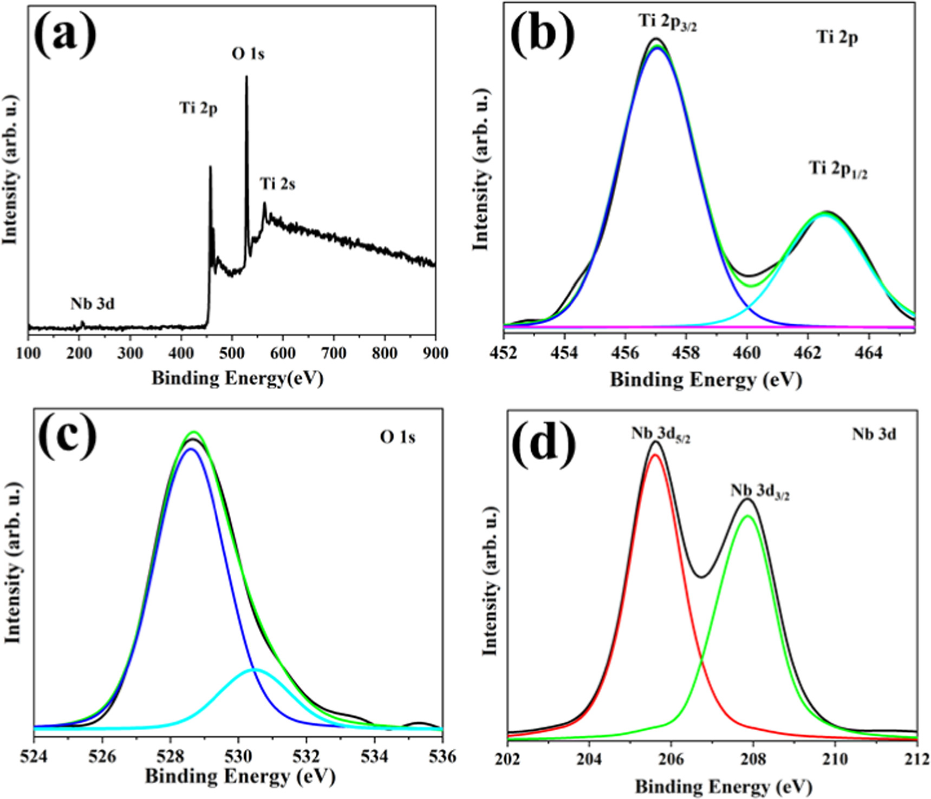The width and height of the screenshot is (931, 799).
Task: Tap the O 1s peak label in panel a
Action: coord(248,54)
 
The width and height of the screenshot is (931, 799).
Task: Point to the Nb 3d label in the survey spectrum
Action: coord(92,304)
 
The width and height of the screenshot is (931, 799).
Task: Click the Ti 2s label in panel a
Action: coord(277,184)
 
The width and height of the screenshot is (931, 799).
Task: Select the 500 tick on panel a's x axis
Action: coord(232,353)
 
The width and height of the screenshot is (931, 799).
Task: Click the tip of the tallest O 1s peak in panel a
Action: coord(246,76)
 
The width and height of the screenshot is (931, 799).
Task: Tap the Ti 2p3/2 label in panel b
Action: coord(667,23)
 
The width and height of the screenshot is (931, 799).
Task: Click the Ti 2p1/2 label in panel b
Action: coord(838,169)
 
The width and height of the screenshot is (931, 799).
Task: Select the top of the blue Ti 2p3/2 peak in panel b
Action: coord(657,48)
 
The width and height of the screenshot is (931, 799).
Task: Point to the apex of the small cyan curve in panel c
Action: coord(255,670)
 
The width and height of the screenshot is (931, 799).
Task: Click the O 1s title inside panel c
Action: coord(397,437)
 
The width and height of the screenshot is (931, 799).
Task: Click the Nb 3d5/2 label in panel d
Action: coord(660,435)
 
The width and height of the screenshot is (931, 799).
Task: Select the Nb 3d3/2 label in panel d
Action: coord(759,492)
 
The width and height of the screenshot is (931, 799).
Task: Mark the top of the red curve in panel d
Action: coord(655,455)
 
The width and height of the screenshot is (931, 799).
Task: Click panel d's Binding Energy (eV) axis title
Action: coord(723,786)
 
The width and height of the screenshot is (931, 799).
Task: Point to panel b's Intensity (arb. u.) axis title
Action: coord(481,171)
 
